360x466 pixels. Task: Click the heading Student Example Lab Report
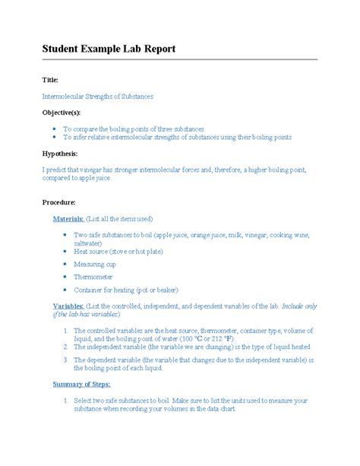tap(109, 49)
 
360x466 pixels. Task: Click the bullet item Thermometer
tap(93, 277)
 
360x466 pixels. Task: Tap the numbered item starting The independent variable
tap(193, 347)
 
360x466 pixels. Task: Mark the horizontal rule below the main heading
tap(179, 60)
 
